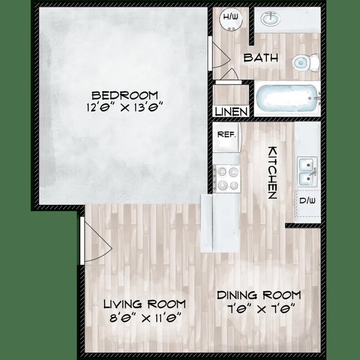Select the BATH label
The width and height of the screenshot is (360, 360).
pos(261,58)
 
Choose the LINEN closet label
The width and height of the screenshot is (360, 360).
pos(231,111)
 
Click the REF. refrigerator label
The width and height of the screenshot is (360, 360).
pos(226,135)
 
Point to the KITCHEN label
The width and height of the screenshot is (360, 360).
pos(272,173)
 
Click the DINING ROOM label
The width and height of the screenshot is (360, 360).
pos(259,295)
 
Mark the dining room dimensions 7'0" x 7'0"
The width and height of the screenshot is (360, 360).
pos(259,308)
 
